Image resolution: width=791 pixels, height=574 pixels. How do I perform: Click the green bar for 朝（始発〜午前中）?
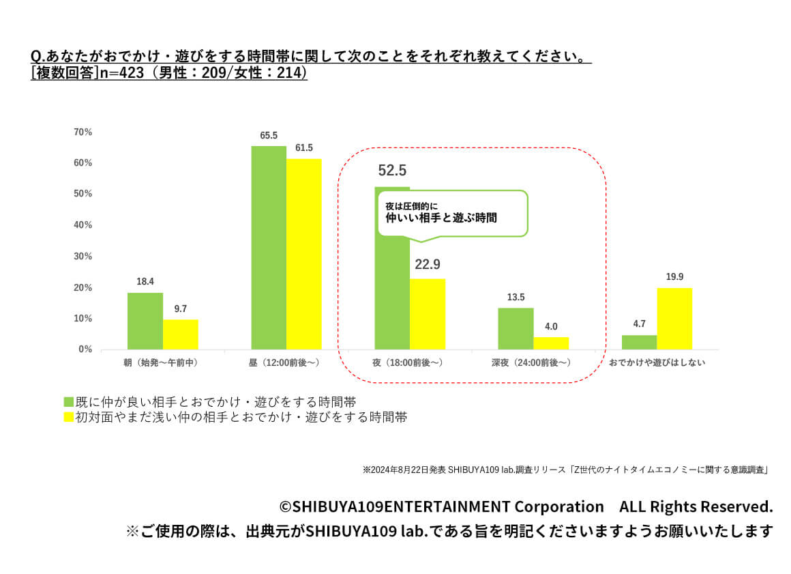point(145,321)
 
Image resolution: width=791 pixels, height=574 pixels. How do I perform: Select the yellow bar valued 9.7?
point(180,334)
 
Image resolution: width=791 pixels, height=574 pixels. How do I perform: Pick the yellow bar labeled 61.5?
point(303,254)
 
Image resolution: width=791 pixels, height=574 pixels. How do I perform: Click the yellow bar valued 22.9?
point(428,314)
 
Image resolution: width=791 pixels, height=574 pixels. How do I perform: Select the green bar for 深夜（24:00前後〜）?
point(516,328)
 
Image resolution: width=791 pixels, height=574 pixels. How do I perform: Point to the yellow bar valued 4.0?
point(551,343)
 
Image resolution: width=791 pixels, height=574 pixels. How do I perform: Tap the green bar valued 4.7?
point(639,342)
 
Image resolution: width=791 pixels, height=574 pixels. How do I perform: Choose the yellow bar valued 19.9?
point(674,318)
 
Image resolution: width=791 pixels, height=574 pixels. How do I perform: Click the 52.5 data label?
point(392,171)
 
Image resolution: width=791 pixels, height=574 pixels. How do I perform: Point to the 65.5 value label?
point(269,136)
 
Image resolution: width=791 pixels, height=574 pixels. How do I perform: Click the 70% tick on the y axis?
point(83,132)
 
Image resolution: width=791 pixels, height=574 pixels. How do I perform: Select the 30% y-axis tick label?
point(83,256)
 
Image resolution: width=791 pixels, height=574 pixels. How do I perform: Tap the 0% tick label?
point(85,349)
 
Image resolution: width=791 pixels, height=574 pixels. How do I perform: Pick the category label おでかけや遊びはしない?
point(657,363)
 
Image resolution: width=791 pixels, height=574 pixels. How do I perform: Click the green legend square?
point(68,401)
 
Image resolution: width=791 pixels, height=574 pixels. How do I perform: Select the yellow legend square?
point(68,417)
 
